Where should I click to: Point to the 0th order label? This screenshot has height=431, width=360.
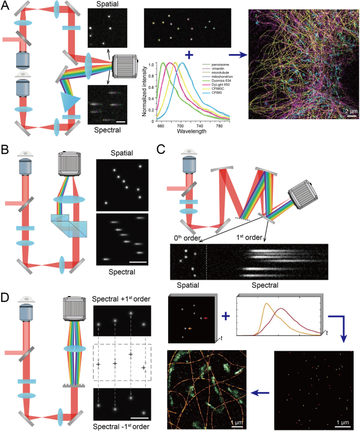pos(187,237)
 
